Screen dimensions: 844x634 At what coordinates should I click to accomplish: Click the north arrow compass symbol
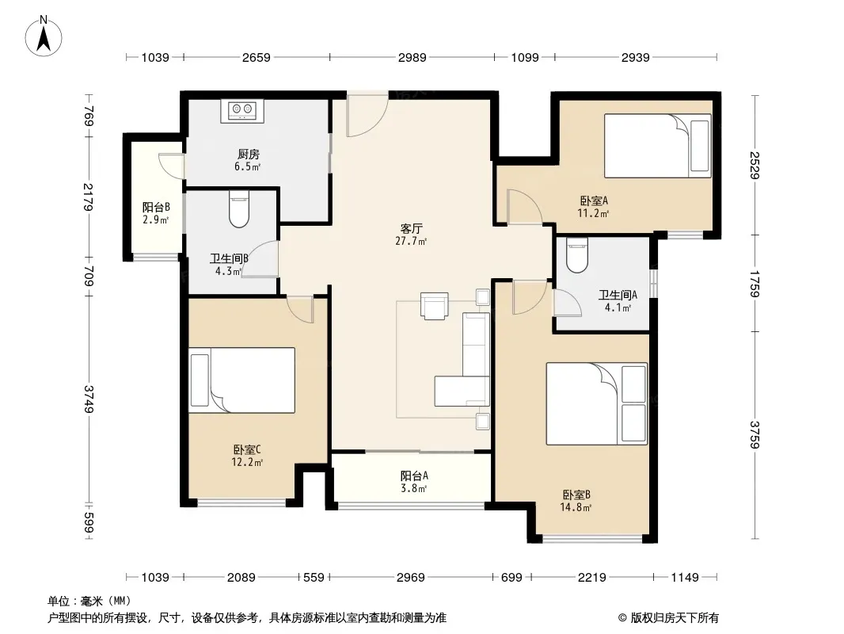[44, 36]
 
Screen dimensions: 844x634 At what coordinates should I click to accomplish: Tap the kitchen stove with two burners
[242, 111]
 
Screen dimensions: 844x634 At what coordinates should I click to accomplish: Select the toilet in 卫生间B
[239, 209]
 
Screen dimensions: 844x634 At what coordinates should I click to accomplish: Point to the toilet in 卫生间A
[577, 255]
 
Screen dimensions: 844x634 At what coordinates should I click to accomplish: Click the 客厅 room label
[411, 229]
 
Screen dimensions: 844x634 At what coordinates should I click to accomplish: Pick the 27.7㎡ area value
[411, 242]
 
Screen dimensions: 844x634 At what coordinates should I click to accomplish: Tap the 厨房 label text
[248, 155]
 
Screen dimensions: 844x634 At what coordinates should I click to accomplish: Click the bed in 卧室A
[658, 146]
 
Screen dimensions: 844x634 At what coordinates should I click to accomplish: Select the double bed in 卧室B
[597, 404]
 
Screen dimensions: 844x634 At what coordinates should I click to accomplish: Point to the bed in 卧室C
[241, 380]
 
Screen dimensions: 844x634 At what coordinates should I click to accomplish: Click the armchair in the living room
[435, 306]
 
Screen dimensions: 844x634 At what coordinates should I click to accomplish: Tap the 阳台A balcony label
[414, 476]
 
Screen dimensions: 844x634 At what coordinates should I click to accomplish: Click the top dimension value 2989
[412, 57]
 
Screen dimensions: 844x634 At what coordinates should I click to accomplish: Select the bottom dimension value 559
[314, 578]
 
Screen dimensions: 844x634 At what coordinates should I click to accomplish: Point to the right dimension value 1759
[754, 284]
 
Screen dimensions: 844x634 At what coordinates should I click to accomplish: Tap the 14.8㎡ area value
[576, 507]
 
